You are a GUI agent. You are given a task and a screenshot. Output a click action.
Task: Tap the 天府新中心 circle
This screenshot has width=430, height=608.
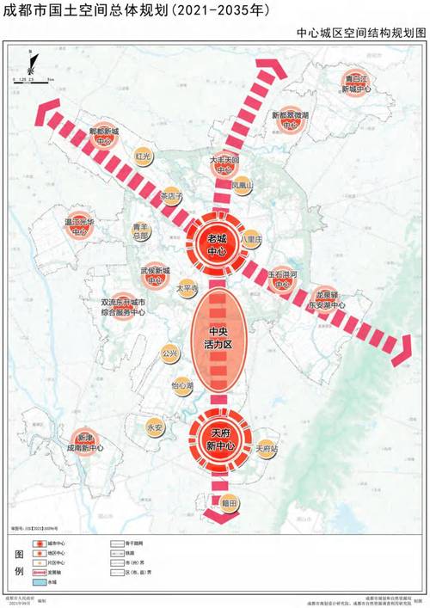[x=215, y=439]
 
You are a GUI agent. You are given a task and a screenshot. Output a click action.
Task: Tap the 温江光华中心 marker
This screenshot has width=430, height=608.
[x=79, y=226]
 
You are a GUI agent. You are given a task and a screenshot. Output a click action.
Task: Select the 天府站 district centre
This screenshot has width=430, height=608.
[x=267, y=448]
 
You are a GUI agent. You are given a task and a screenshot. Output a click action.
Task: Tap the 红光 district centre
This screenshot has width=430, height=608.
[x=144, y=157]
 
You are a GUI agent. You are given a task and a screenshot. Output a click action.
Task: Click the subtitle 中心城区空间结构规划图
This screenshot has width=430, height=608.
[x=360, y=33]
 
